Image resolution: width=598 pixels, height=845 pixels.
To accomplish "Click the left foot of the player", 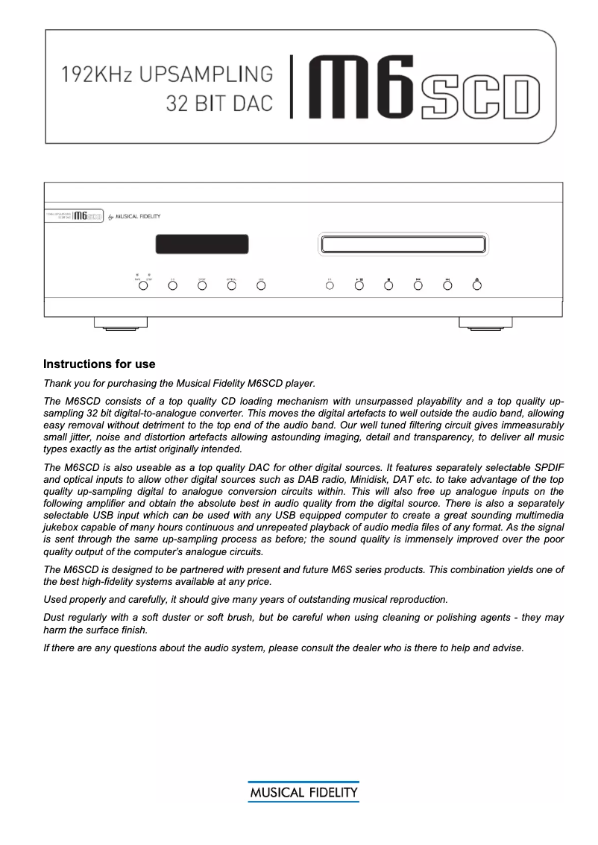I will [120, 324].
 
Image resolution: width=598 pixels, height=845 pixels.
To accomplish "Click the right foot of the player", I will [485, 324].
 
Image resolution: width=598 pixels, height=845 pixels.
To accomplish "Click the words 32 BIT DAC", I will [219, 104].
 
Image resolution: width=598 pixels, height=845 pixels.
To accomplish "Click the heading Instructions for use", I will [99, 364].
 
